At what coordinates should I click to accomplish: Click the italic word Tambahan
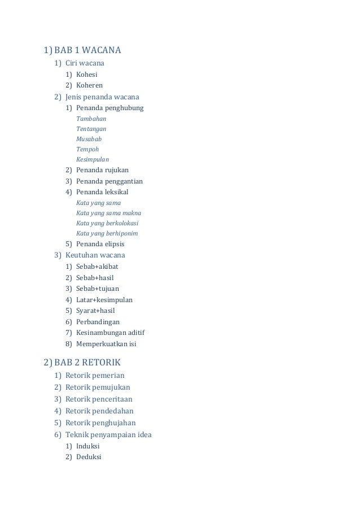coord(91,119)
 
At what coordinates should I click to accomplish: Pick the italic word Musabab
coord(89,139)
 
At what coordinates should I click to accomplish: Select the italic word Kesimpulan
coord(93,159)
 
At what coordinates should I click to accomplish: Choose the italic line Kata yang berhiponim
coord(107,233)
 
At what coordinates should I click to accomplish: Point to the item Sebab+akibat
coord(97,267)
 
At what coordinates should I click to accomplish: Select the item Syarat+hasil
coord(96,311)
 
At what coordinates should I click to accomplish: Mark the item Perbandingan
coord(98,321)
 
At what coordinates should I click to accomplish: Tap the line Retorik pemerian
coord(95,376)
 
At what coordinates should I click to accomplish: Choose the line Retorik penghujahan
coord(100,422)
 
